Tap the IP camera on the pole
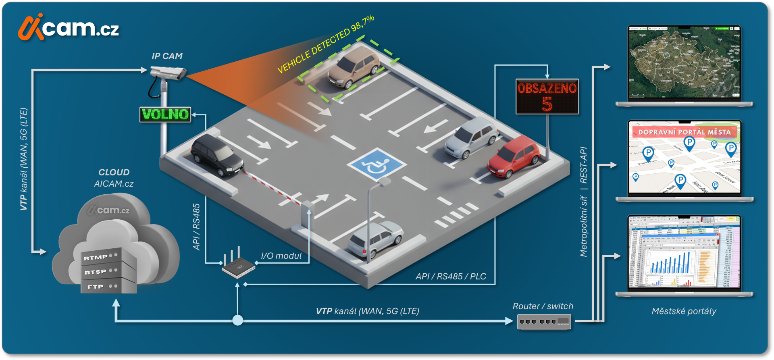(x=169, y=73)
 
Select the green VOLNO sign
(x=165, y=114)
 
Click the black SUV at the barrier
(x=217, y=156)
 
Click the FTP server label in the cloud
(x=96, y=287)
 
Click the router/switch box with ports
(x=544, y=322)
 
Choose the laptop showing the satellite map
(x=685, y=65)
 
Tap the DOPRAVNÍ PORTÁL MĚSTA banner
(x=685, y=132)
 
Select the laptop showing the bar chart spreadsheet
(x=685, y=254)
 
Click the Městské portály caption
(x=684, y=311)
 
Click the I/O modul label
(x=281, y=256)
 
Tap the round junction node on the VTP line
(x=238, y=320)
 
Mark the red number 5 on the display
(x=547, y=104)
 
